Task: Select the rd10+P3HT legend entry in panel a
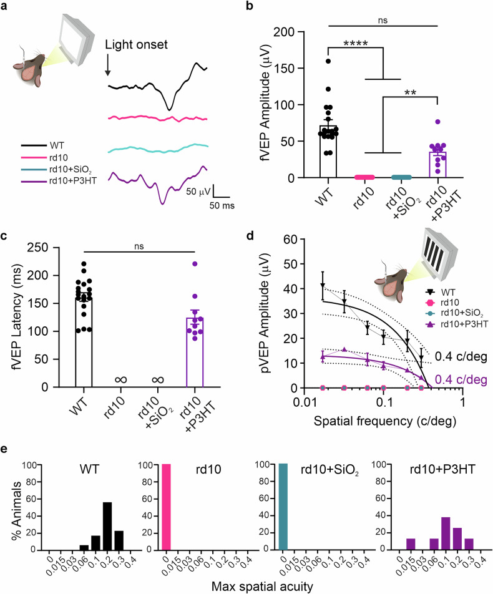(x=59, y=181)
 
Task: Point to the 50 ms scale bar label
(x=222, y=206)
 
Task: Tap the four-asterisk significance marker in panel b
(x=356, y=43)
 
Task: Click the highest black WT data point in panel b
(x=328, y=61)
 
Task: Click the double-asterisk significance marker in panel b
(x=411, y=93)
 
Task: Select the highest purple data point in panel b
(x=437, y=122)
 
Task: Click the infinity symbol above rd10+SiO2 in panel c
(x=158, y=379)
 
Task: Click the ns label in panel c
(x=139, y=246)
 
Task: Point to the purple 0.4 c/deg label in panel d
(x=461, y=379)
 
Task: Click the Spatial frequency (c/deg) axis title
(x=384, y=421)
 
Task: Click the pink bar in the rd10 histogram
(x=167, y=507)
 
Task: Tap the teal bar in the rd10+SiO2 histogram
(x=283, y=507)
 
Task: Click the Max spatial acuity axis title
(x=262, y=587)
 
